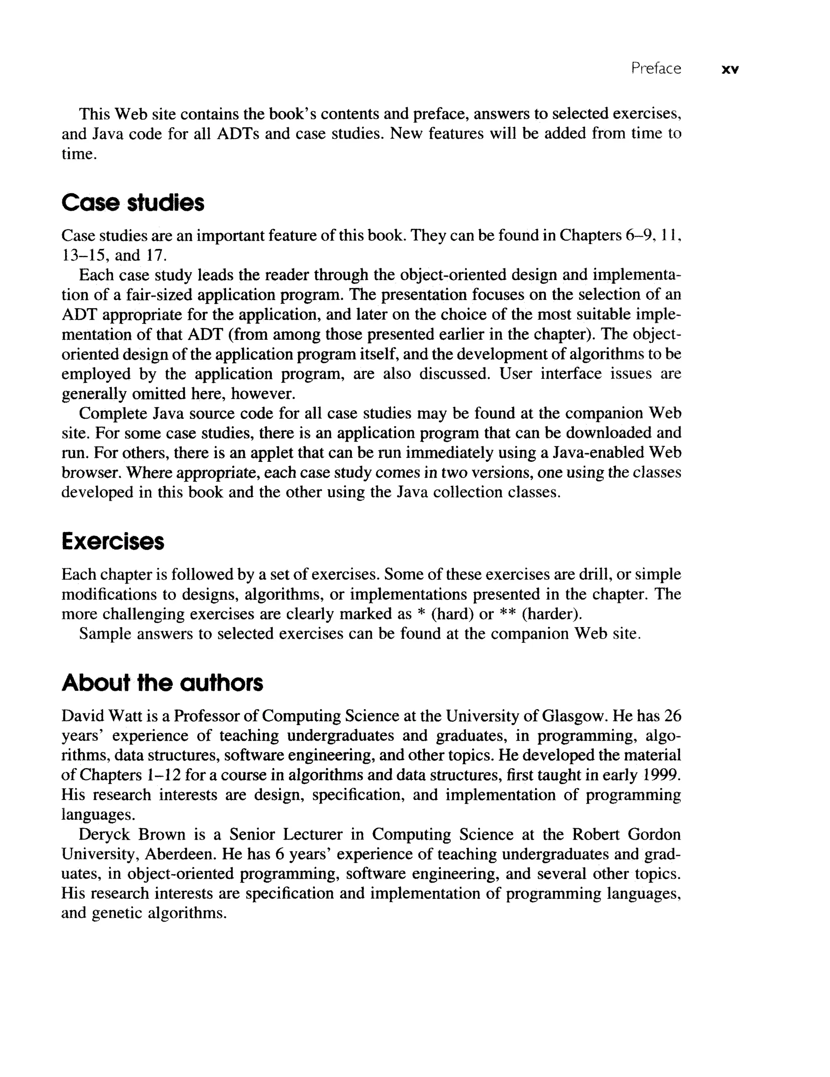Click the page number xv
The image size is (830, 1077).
coord(729,70)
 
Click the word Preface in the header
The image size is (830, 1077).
coord(655,68)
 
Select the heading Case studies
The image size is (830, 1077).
coord(132,203)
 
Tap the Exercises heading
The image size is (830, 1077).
coord(113,542)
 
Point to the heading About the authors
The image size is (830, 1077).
coord(162,683)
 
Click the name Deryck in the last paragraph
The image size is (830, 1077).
coord(104,834)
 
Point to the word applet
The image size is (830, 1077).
coord(274,453)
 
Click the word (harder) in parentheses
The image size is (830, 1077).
coord(552,614)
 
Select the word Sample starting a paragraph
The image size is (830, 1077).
coord(104,633)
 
